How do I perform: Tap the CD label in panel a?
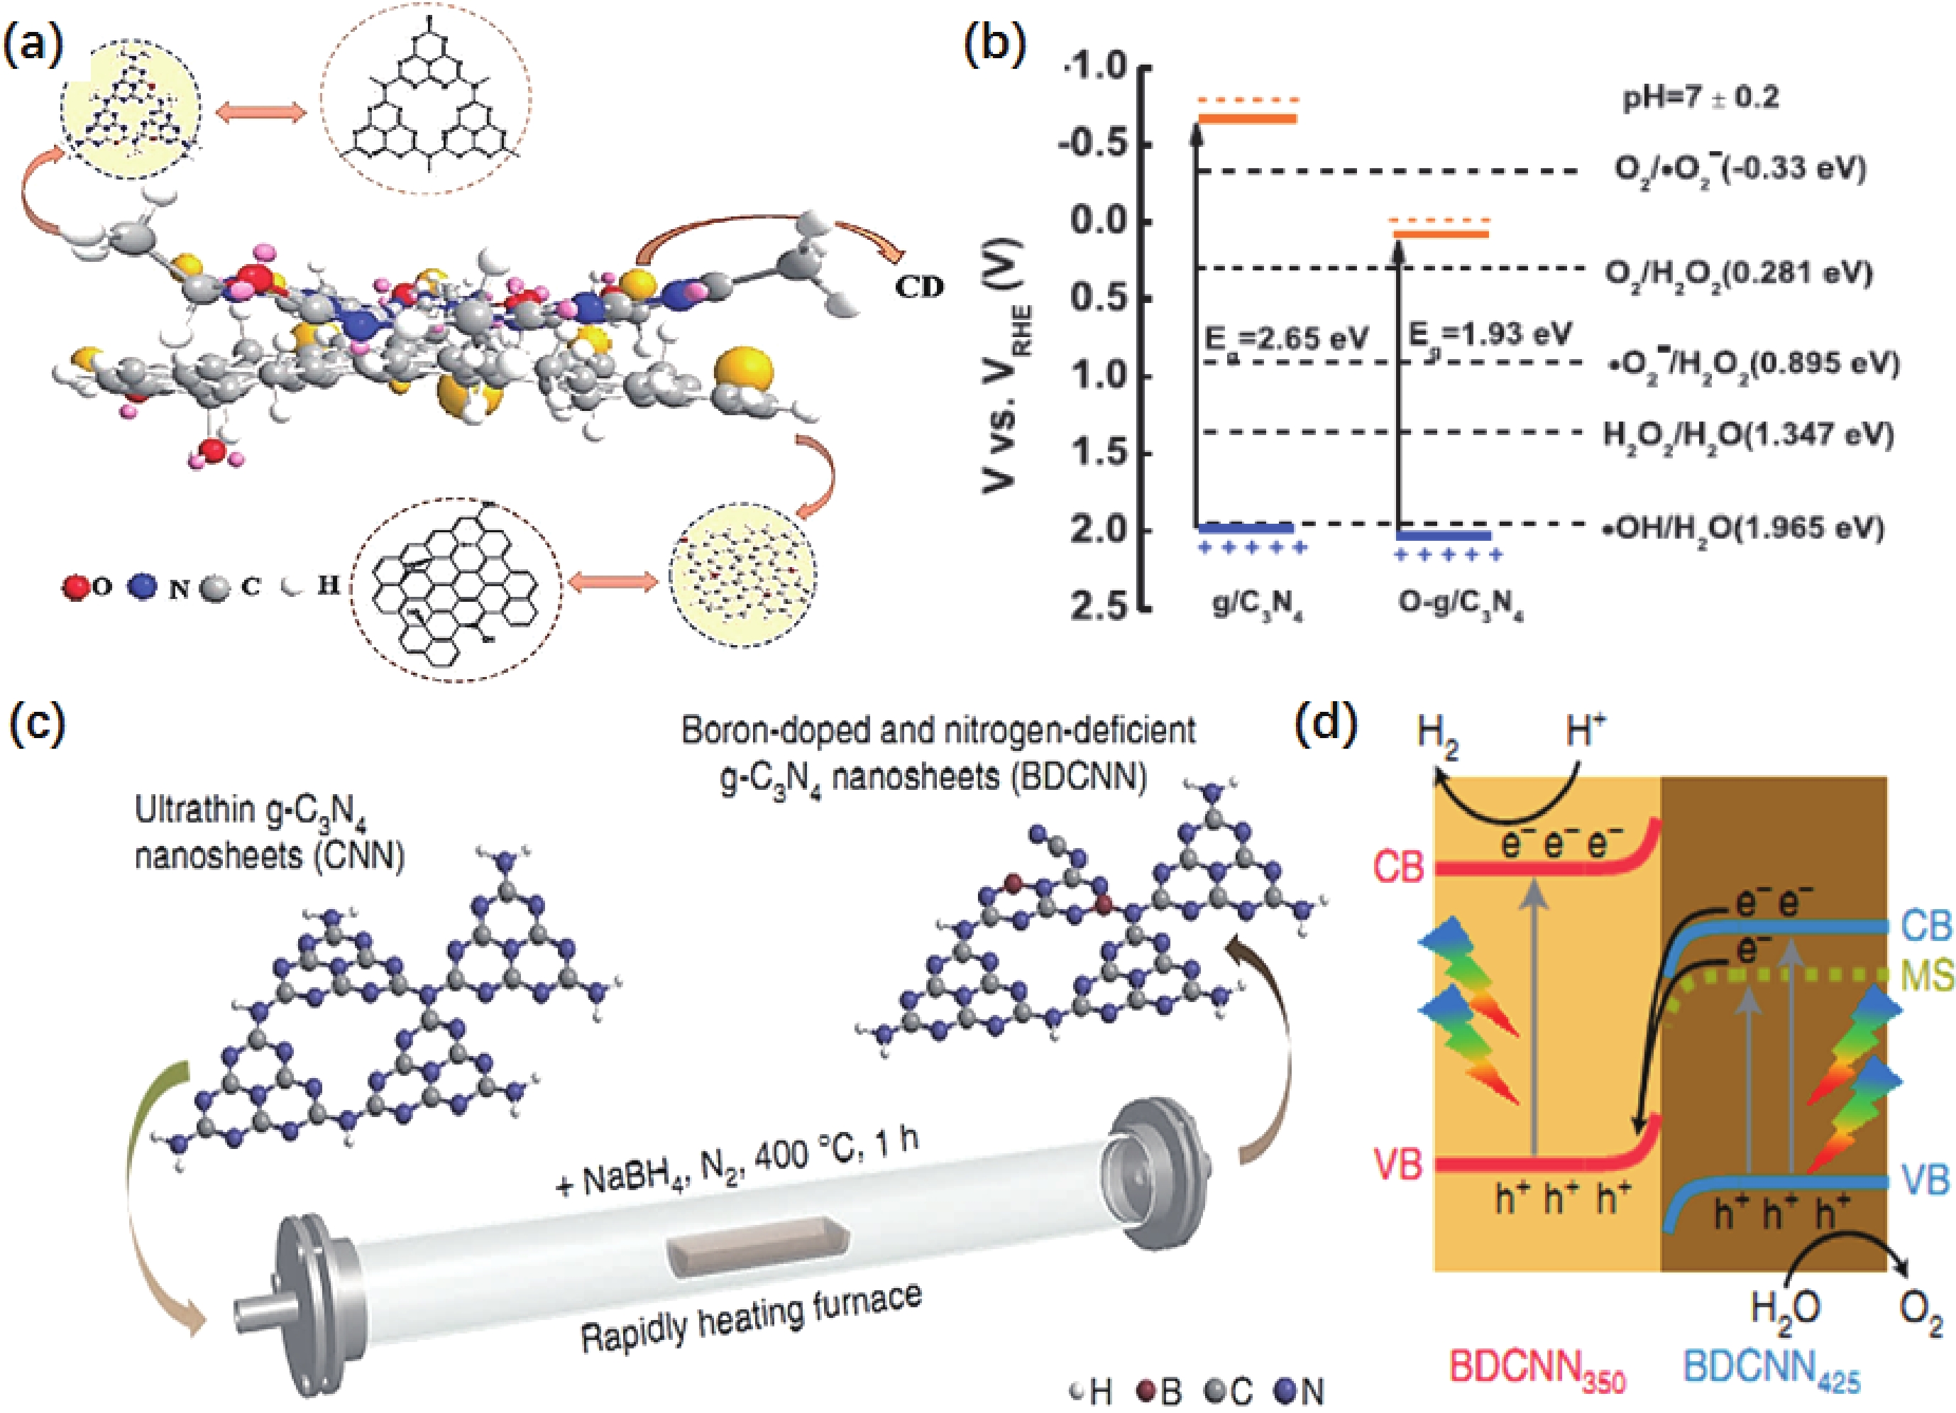(x=919, y=287)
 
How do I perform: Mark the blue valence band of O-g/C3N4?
(x=1444, y=536)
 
